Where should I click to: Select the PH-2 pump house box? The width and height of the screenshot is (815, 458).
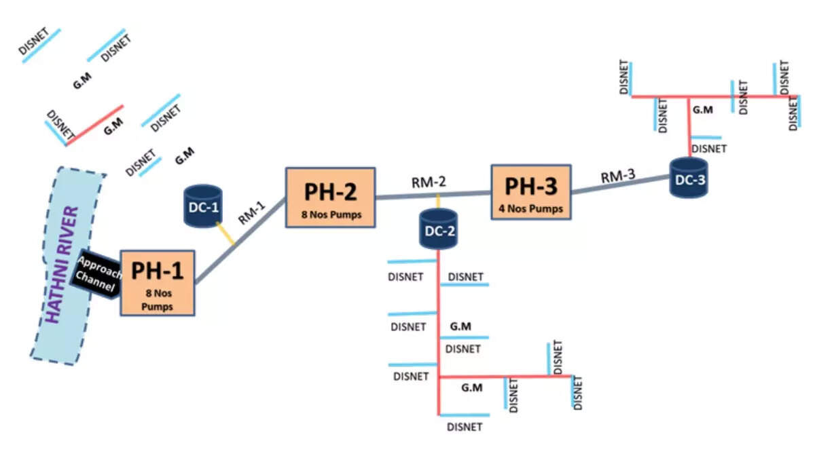(x=330, y=197)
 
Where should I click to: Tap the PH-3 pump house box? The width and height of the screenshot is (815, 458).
(x=530, y=193)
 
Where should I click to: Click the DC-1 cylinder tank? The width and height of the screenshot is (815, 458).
(x=202, y=206)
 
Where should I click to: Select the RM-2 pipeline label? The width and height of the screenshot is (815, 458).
(x=429, y=182)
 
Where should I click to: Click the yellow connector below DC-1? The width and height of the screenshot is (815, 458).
(x=229, y=235)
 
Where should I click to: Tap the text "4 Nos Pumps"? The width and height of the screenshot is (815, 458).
(x=530, y=209)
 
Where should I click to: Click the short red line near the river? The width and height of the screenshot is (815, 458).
(x=95, y=126)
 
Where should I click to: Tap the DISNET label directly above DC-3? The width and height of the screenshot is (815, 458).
(x=708, y=148)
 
